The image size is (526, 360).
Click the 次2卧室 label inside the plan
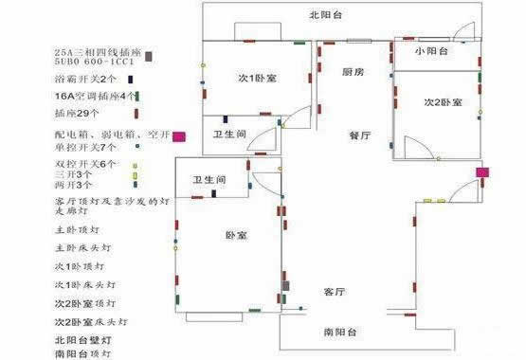pos(442,101)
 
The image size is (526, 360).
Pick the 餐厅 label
pos(359,136)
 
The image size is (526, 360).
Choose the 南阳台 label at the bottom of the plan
pos(339,333)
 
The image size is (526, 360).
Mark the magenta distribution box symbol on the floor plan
pos(482,173)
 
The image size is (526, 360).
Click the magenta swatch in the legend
pos(178,136)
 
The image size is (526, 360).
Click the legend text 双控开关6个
pos(85,164)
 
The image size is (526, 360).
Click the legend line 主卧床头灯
pos(85,247)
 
